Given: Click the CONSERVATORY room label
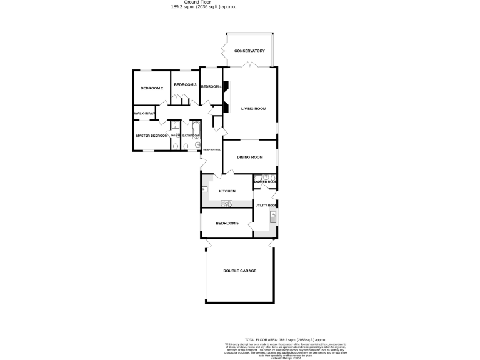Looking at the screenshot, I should coord(249,51).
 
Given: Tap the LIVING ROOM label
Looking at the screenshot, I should coord(254,109).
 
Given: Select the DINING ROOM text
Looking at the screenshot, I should coord(249,157).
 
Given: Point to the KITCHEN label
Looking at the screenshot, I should coord(227,191).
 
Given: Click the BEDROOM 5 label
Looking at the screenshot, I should coord(227,223).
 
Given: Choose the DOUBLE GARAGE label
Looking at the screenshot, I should coord(240,271).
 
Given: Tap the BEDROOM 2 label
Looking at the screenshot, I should coord(152,88).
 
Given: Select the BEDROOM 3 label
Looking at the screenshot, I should coord(185,84).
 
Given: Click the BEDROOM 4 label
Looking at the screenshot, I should coord(211,86).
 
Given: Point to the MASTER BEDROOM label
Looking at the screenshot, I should coord(152,136).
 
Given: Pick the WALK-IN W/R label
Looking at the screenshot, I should coord(144,113).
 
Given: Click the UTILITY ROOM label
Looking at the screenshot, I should coord(266,205).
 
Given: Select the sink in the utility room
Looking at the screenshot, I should coord(272,217).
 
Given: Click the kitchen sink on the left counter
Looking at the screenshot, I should coord(204,189).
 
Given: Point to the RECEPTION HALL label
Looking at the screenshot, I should coord(212,150).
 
